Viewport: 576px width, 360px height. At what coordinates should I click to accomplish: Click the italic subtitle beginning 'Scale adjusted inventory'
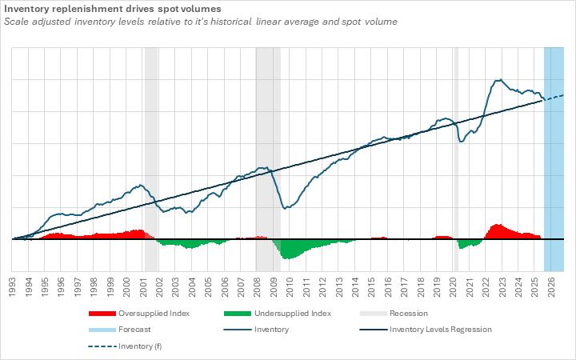201,21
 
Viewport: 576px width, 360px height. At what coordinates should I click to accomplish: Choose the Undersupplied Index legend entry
291,314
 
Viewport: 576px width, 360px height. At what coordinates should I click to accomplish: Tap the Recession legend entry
408,314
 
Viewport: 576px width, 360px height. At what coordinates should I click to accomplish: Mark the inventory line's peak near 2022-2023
499,79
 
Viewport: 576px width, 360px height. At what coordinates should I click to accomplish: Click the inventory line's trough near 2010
286,209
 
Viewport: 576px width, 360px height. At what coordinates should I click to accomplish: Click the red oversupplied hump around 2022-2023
498,231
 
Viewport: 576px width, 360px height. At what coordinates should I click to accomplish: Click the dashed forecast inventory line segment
555,97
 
